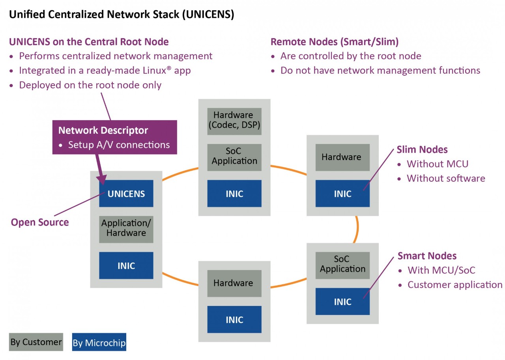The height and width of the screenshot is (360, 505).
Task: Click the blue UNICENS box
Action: click(x=126, y=194)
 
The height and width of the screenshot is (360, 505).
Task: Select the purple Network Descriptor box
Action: click(x=114, y=137)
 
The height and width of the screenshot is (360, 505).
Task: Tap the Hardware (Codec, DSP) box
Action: click(x=234, y=121)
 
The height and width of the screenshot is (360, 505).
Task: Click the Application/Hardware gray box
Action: click(x=126, y=228)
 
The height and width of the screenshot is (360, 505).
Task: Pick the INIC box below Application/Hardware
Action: click(x=126, y=265)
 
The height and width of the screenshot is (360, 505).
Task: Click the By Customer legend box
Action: click(x=36, y=342)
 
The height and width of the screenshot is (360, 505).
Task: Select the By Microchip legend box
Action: click(x=99, y=343)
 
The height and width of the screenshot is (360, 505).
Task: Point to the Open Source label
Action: click(x=40, y=222)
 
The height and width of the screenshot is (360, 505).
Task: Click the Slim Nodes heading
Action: click(x=422, y=149)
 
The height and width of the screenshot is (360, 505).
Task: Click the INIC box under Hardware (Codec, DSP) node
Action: click(x=234, y=194)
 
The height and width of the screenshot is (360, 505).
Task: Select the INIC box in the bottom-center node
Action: click(x=234, y=319)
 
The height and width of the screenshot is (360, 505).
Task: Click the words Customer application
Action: click(x=455, y=285)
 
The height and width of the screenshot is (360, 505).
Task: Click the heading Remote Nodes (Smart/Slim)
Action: click(x=335, y=42)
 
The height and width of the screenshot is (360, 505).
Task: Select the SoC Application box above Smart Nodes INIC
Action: click(x=342, y=264)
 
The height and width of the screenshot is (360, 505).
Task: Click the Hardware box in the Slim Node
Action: click(x=342, y=157)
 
